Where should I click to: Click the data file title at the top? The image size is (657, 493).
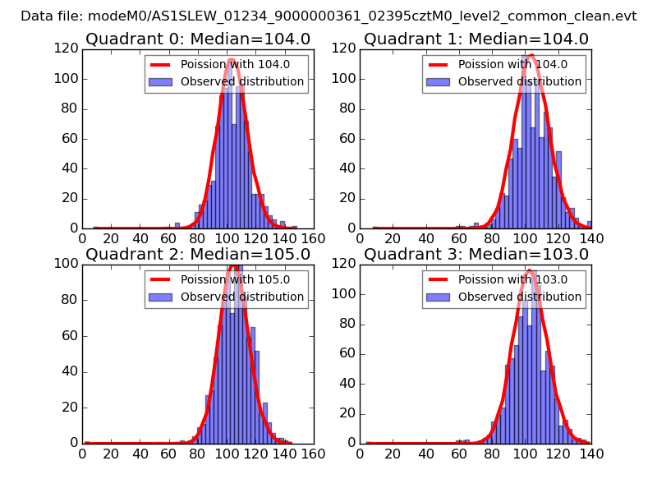pos(328,16)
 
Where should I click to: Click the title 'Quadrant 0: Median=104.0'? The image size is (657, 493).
pos(198,39)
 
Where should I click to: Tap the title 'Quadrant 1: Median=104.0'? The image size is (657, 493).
pos(476,39)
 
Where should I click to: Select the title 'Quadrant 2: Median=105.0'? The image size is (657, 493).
pos(198,254)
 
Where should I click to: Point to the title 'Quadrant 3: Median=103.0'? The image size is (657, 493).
pos(476,254)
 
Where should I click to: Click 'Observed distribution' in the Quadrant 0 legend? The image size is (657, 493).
pos(241,81)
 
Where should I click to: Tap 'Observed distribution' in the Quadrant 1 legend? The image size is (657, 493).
pos(519,81)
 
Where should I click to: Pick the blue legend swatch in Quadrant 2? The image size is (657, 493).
pos(162,297)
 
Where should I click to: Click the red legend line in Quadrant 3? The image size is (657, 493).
pos(439,279)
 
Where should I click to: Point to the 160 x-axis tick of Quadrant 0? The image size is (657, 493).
pos(312,237)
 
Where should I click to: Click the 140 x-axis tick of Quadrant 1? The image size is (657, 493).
pos(590,237)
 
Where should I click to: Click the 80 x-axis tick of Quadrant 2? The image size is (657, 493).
pos(197,453)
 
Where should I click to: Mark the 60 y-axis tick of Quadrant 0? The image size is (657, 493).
pos(69,138)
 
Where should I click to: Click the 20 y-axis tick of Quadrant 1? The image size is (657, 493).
pos(347,198)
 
